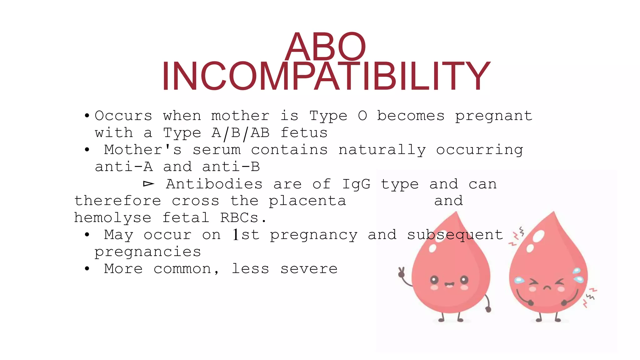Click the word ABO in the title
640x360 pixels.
(x=325, y=47)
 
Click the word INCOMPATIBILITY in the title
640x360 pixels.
(x=326, y=77)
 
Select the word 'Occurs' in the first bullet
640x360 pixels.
(x=123, y=116)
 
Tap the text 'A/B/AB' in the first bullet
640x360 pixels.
(x=240, y=133)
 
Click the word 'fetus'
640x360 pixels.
(x=304, y=133)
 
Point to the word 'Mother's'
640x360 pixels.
(x=142, y=150)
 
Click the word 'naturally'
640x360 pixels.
(x=382, y=150)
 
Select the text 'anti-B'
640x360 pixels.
(x=231, y=167)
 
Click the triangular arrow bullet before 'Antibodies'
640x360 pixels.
(x=148, y=184)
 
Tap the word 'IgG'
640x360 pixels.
(x=356, y=184)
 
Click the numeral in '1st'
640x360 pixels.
(x=236, y=234)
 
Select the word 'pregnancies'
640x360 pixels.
(x=147, y=252)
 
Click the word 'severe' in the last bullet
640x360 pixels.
(x=309, y=269)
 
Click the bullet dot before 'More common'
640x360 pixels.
(x=87, y=268)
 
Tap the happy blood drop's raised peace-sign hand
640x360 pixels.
(x=401, y=272)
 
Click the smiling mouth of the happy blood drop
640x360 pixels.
(x=449, y=285)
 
